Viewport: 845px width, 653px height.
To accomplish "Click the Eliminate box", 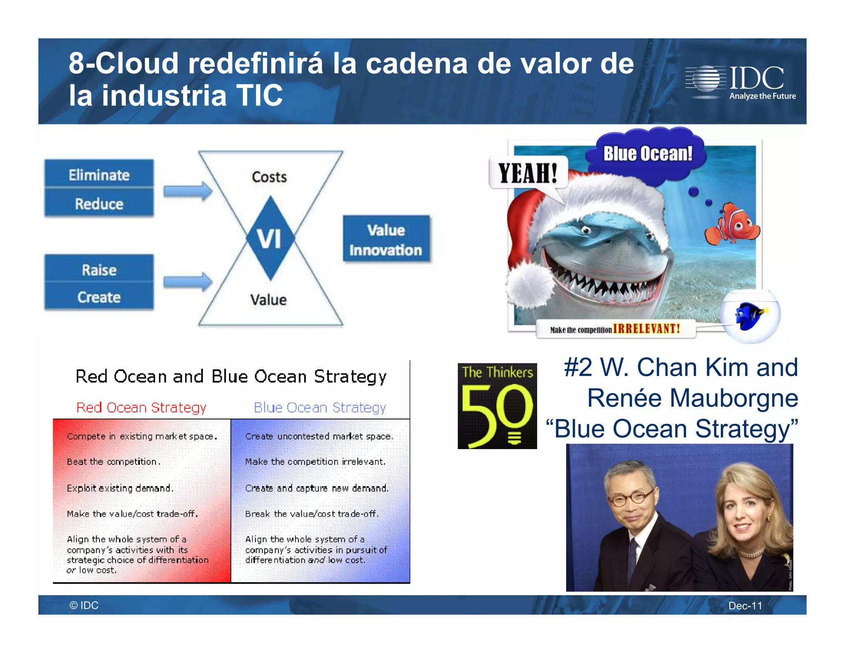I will point(99,175).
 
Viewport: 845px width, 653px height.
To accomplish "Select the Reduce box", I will point(99,203).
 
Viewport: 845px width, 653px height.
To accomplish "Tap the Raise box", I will point(99,270).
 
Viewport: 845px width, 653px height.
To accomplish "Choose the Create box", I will point(99,297).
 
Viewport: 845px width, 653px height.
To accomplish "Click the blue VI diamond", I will point(270,238).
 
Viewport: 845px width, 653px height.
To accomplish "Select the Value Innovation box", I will point(386,239).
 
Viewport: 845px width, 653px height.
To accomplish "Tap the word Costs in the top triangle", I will point(269,177).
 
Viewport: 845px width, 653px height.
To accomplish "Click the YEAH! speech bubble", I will point(528,173).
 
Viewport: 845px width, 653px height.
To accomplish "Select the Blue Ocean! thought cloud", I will point(648,154).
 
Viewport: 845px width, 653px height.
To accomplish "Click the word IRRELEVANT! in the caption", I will point(647,329).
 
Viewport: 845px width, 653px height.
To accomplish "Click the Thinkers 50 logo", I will point(497,406).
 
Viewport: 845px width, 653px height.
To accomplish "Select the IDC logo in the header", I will point(741,82).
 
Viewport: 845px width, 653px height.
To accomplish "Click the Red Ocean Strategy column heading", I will point(141,407).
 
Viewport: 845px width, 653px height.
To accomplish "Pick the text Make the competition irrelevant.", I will point(315,461).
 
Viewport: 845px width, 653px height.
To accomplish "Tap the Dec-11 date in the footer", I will point(745,606).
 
